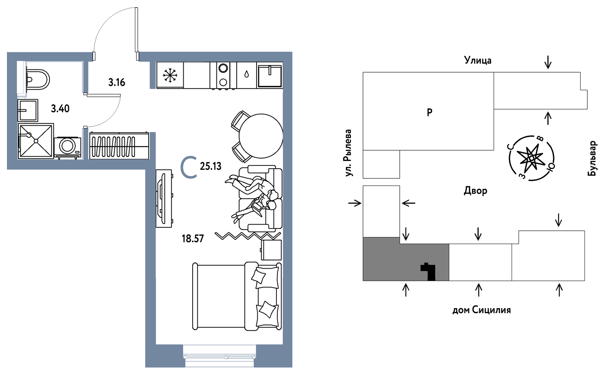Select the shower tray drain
click(x=36, y=141)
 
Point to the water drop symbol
click(x=246, y=74)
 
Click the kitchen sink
click(x=270, y=75)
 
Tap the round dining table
click(x=261, y=136)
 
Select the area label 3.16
click(x=117, y=82)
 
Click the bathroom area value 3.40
click(x=60, y=109)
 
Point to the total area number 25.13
click(x=210, y=166)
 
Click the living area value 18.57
click(x=193, y=239)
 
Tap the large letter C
click(x=189, y=167)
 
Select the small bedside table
click(x=271, y=250)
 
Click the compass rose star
click(x=531, y=158)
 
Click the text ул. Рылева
click(x=348, y=153)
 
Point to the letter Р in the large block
click(x=429, y=112)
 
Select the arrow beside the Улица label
click(x=548, y=62)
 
